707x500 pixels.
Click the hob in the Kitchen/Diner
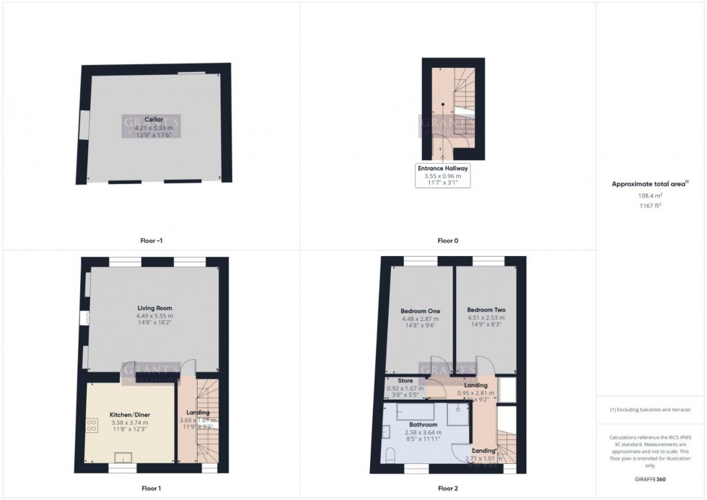coord(92,425)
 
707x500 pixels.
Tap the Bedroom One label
coord(420,311)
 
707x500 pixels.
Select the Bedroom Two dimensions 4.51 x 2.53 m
coord(486,318)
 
